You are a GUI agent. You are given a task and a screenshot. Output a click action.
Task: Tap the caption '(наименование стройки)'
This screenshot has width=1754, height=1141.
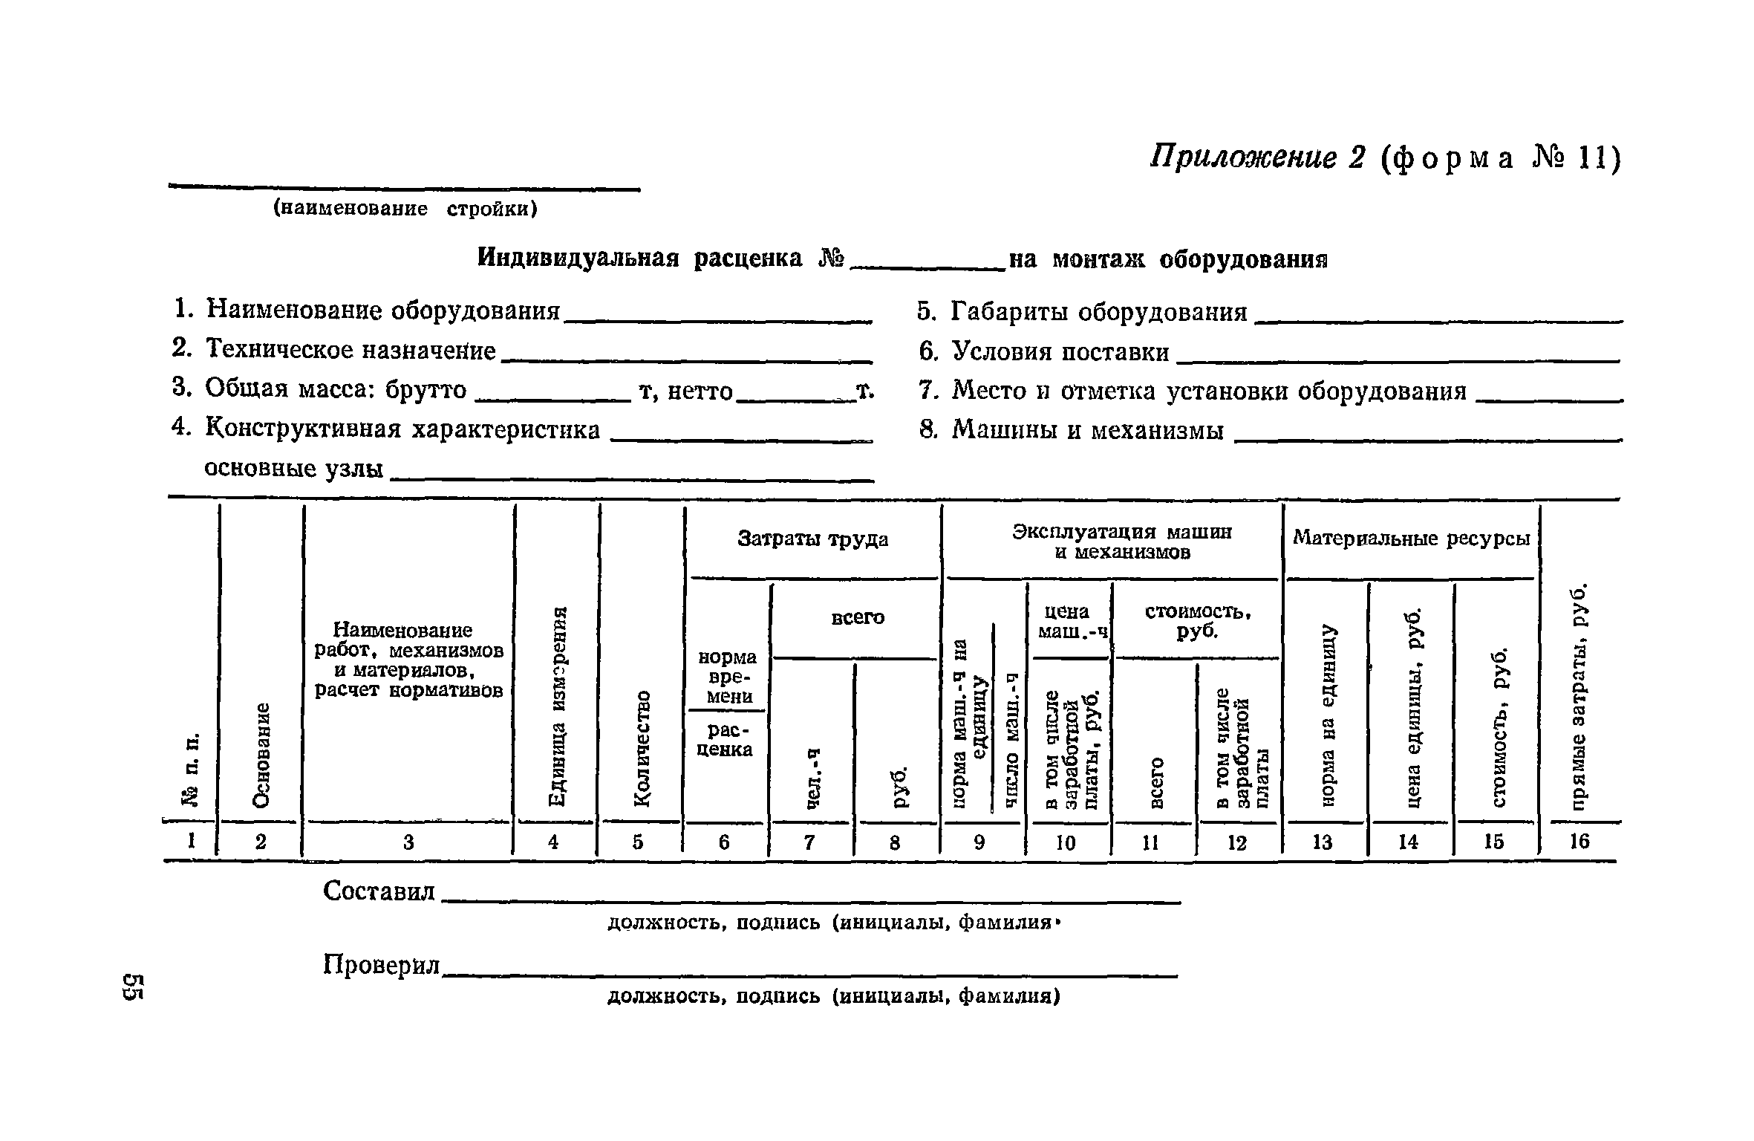point(405,209)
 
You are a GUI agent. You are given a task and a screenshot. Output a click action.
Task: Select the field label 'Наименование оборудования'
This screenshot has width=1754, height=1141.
point(382,310)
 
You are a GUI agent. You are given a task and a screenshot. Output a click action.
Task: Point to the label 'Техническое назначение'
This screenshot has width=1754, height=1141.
point(351,349)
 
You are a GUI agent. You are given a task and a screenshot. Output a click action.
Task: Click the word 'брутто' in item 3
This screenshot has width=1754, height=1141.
point(426,389)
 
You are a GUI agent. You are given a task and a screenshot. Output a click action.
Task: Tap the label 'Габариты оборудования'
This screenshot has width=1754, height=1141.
point(1099,312)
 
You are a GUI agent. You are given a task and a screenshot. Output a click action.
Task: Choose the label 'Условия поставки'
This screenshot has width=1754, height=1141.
point(1060,351)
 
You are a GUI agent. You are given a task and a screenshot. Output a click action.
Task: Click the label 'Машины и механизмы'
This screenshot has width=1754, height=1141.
point(1088,430)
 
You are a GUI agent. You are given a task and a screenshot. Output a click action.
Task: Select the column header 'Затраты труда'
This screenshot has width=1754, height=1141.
point(812,539)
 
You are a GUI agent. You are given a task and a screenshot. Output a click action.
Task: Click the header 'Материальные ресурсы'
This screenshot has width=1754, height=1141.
point(1412,538)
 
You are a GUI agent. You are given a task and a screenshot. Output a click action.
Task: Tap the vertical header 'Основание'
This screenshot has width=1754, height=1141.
point(261,754)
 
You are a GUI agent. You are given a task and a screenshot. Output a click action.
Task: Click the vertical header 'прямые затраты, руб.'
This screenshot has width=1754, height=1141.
point(1579,698)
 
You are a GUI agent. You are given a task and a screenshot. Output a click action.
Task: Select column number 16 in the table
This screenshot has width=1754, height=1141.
point(1579,841)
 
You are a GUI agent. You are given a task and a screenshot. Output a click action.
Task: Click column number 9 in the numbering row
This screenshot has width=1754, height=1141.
point(979,842)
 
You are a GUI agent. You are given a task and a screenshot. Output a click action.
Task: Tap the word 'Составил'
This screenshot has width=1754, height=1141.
point(379,891)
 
